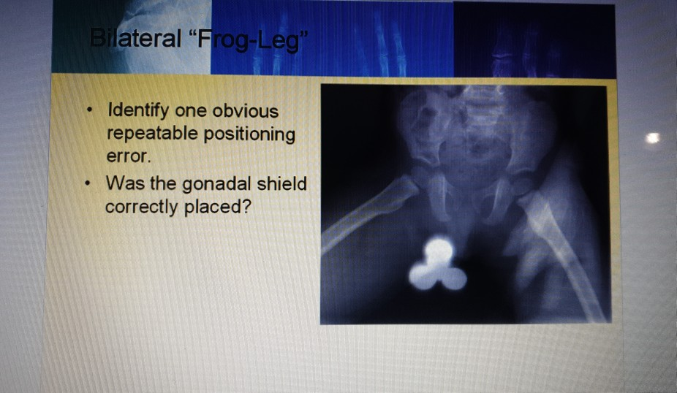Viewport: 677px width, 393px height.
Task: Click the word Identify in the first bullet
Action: (138, 112)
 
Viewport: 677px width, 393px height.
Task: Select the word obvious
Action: (245, 112)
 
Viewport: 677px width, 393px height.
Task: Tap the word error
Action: (124, 156)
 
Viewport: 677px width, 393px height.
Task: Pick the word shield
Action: (282, 183)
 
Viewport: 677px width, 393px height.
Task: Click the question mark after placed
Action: (247, 207)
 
